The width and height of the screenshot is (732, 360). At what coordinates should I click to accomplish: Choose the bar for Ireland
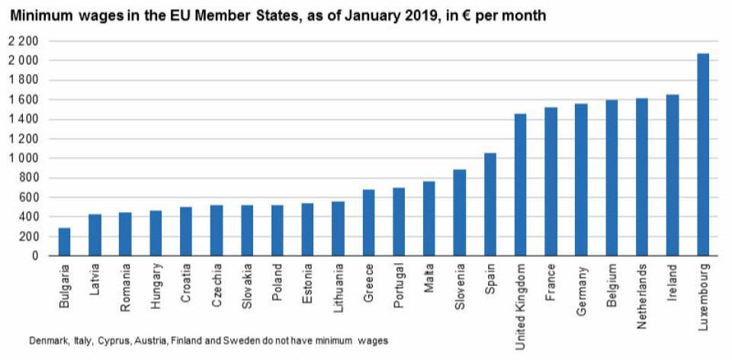pyautogui.click(x=672, y=175)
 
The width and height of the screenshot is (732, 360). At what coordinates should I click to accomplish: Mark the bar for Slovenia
pyautogui.click(x=459, y=213)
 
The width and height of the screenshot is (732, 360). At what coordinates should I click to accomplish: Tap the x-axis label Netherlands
pyautogui.click(x=642, y=293)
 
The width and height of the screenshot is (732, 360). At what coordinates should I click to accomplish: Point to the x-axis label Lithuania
pyautogui.click(x=338, y=289)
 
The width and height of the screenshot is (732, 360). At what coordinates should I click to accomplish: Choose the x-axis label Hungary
pyautogui.click(x=156, y=287)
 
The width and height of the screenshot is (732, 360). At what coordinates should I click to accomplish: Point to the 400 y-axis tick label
pyautogui.click(x=28, y=217)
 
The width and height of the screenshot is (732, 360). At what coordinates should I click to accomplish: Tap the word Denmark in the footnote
pyautogui.click(x=47, y=341)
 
